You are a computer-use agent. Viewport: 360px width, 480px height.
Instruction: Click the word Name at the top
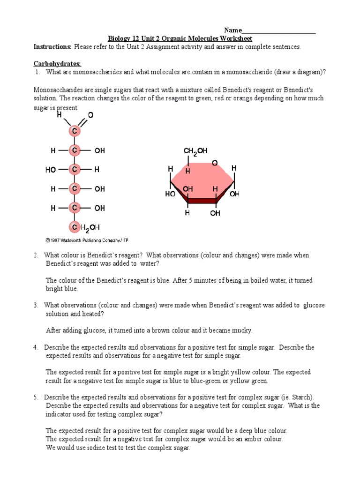(233, 30)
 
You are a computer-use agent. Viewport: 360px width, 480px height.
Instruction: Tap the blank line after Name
(279, 31)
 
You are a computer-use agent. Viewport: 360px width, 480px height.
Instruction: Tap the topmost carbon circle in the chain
(74, 132)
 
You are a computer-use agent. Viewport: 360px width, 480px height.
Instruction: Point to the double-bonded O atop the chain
(90, 115)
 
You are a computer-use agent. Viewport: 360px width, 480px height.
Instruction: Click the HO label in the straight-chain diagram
(51, 170)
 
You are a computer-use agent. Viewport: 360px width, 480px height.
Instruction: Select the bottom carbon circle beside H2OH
(74, 228)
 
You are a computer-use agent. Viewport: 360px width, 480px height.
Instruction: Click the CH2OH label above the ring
(195, 151)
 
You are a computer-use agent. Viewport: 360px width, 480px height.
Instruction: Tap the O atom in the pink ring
(214, 163)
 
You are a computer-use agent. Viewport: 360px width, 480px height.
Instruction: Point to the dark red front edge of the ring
(202, 201)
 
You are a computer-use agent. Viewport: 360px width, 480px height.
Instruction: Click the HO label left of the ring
(170, 194)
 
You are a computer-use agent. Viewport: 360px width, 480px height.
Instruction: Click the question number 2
(36, 255)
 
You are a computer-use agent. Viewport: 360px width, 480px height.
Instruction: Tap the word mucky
(241, 330)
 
